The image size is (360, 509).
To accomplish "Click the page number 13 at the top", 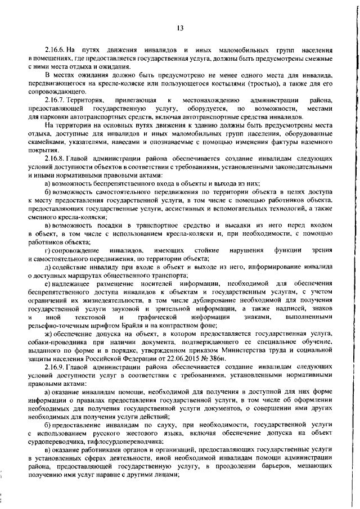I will (180, 28).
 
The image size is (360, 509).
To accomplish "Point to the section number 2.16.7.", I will (57, 100).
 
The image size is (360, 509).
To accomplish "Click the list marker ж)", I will (48, 334).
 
